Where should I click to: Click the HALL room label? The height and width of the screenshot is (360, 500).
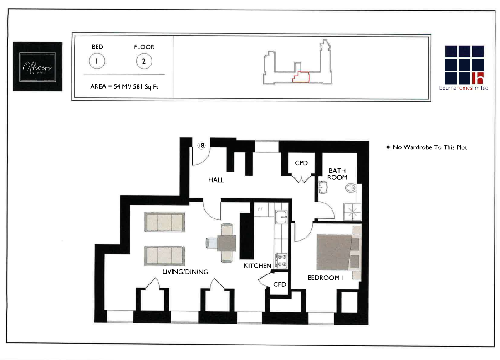pyautogui.click(x=216, y=180)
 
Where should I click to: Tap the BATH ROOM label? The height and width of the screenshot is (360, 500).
pyautogui.click(x=337, y=174)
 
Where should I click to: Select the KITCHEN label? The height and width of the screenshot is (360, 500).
pyautogui.click(x=257, y=265)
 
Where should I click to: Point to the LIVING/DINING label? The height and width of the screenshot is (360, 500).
pyautogui.click(x=185, y=272)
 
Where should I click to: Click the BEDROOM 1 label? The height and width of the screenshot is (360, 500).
pyautogui.click(x=326, y=278)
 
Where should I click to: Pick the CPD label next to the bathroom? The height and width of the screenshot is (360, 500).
pyautogui.click(x=301, y=163)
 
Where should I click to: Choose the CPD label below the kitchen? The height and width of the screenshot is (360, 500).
pyautogui.click(x=279, y=284)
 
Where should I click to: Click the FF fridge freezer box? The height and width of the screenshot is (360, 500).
pyautogui.click(x=260, y=209)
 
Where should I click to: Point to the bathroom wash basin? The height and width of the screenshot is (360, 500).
pyautogui.click(x=323, y=187)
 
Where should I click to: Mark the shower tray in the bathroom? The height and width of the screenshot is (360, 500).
pyautogui.click(x=352, y=210)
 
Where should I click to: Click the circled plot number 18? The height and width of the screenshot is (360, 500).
pyautogui.click(x=201, y=145)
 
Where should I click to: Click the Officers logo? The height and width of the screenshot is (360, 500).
pyautogui.click(x=38, y=66)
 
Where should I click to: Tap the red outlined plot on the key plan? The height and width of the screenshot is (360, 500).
pyautogui.click(x=301, y=77)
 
